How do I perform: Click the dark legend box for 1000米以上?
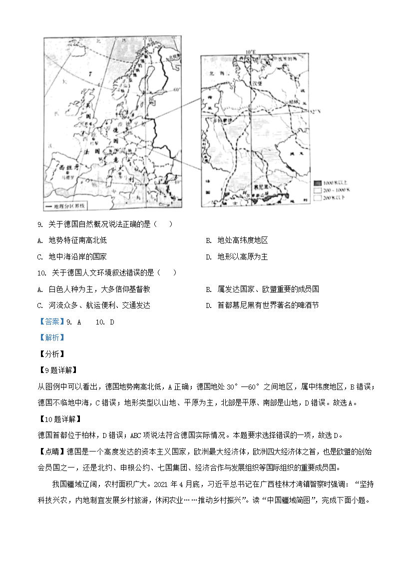(x=317, y=182)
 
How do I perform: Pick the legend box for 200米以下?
(x=317, y=198)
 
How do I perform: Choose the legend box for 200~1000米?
(x=317, y=190)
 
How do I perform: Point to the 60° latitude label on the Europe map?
(x=175, y=90)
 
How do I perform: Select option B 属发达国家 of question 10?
(x=262, y=289)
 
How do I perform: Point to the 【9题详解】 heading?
(x=57, y=370)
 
